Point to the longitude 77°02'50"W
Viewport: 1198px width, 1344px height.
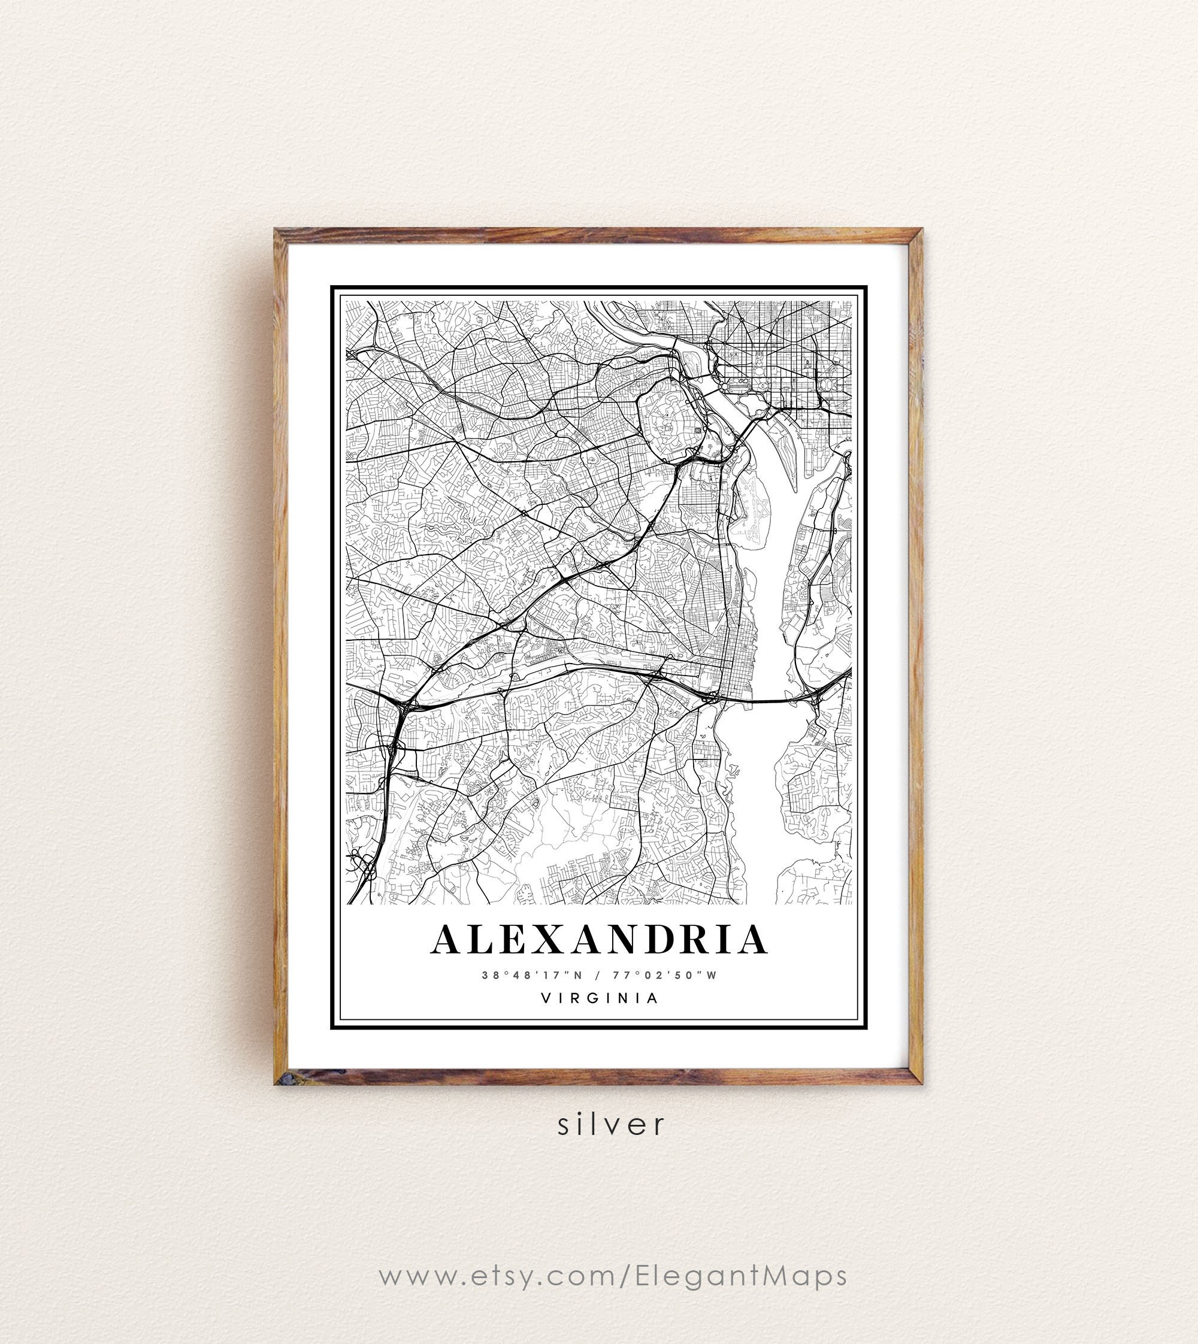coord(664,975)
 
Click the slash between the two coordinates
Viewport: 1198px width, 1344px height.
coord(598,975)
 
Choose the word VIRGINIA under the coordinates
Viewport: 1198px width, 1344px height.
coord(599,998)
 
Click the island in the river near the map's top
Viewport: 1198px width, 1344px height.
coord(691,361)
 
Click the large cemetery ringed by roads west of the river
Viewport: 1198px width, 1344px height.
coord(668,421)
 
